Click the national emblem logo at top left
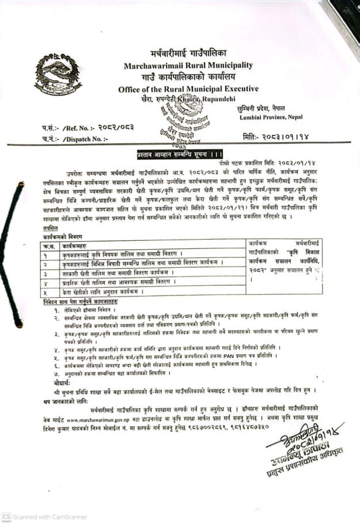58,75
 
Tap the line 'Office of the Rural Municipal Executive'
188,89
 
